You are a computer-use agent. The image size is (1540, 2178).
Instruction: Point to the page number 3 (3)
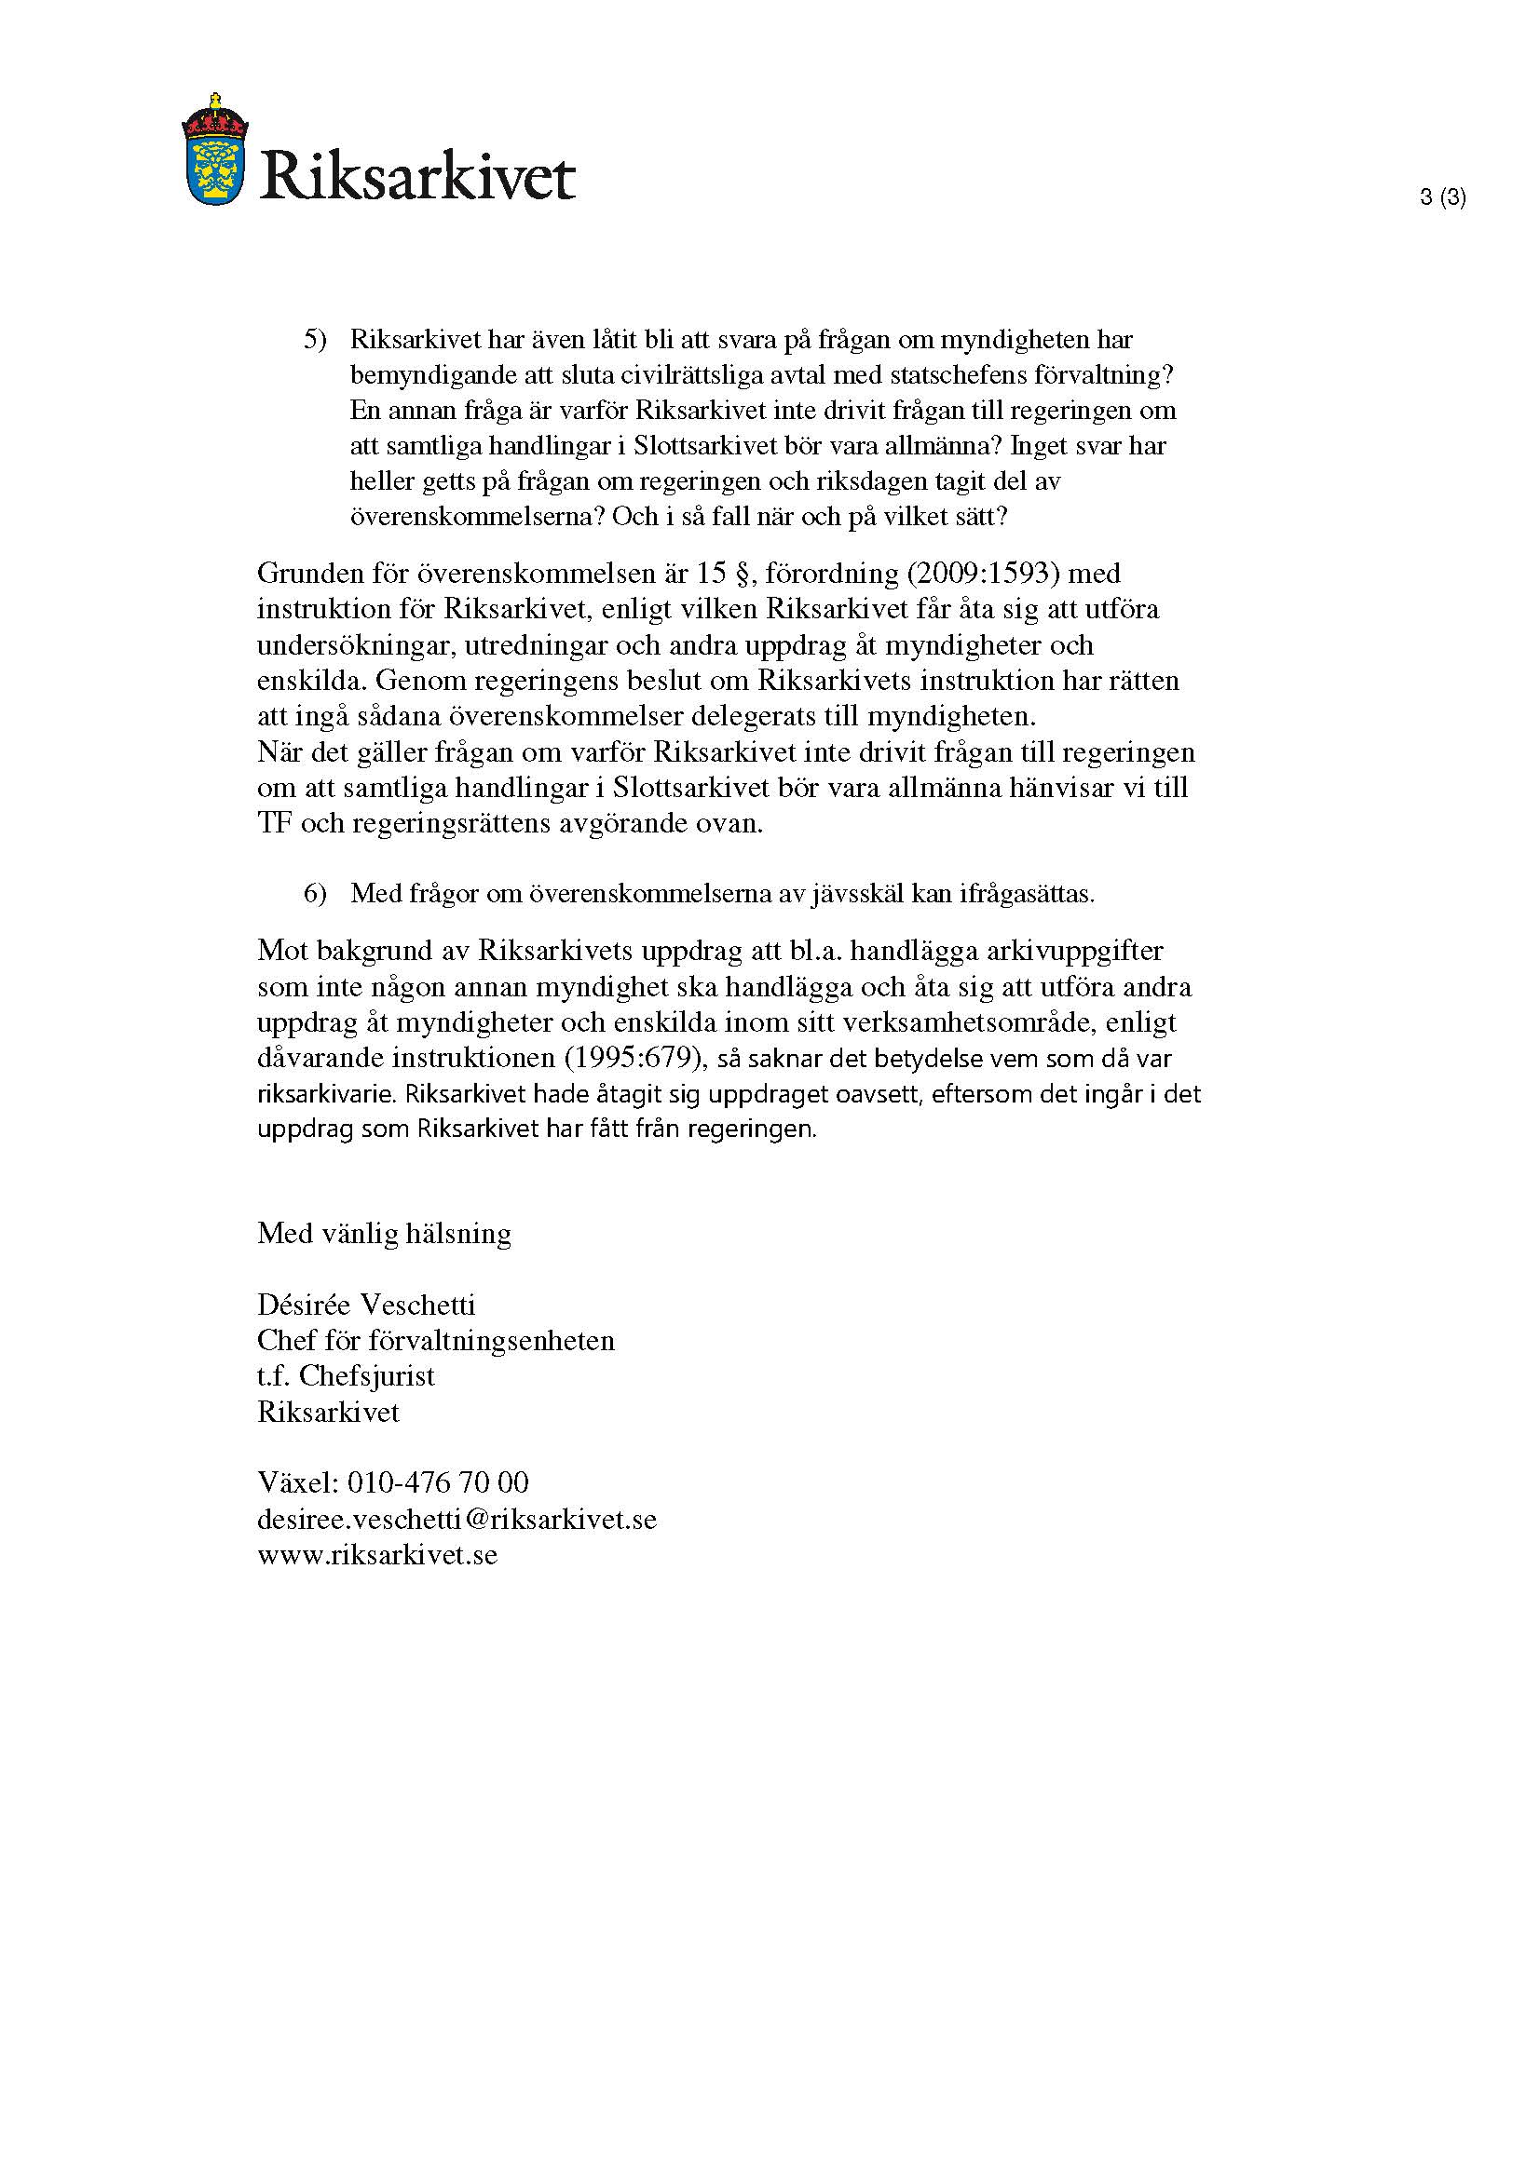click(x=1442, y=197)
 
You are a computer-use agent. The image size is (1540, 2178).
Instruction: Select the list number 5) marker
click(x=315, y=340)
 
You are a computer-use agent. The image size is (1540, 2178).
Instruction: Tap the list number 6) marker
click(x=315, y=894)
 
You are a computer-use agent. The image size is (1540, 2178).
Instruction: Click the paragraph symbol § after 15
click(x=738, y=573)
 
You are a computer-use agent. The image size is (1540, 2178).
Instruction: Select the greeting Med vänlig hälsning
click(x=384, y=1233)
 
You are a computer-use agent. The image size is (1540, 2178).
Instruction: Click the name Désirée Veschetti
click(x=366, y=1305)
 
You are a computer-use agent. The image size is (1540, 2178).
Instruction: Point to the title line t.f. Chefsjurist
click(x=346, y=1376)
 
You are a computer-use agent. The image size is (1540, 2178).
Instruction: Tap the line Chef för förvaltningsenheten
click(x=435, y=1340)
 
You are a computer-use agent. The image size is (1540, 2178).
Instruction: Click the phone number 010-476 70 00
click(x=438, y=1482)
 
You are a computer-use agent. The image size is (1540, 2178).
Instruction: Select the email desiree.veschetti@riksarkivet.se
click(x=457, y=1520)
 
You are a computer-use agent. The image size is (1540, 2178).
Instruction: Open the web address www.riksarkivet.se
click(x=376, y=1556)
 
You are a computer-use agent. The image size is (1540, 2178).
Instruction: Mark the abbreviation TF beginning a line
click(x=273, y=823)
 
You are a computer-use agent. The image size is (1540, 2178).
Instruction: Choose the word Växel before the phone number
click(x=296, y=1482)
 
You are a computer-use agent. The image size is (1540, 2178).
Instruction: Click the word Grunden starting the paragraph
click(x=308, y=573)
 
